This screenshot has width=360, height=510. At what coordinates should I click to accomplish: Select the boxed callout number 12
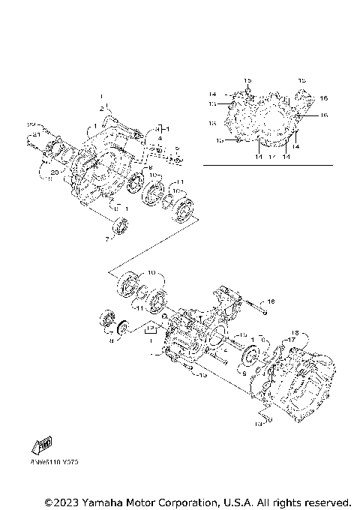click(x=151, y=328)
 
